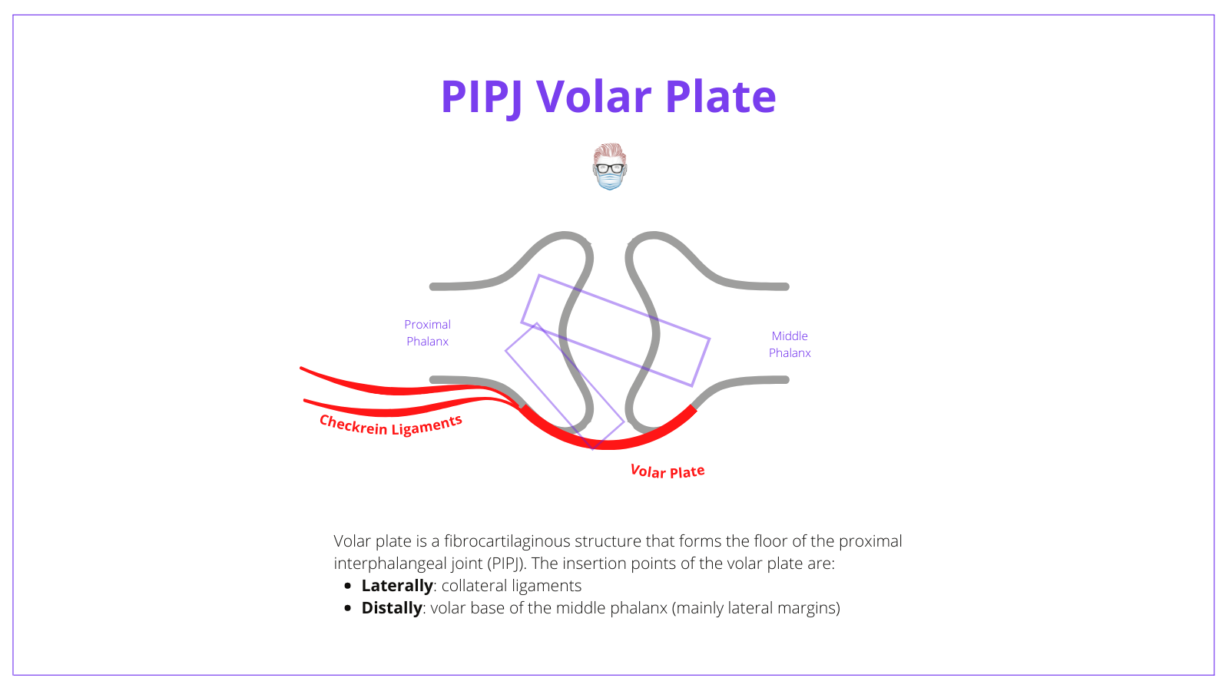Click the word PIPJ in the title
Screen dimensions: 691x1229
point(482,97)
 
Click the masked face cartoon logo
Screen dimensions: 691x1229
point(610,167)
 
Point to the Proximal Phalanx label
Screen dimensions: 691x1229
point(428,333)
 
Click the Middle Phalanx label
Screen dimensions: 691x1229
point(790,345)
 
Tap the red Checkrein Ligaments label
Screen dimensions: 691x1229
point(391,425)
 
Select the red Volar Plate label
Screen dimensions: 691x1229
point(667,471)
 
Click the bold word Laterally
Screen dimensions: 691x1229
point(397,586)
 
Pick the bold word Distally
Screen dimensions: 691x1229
point(392,608)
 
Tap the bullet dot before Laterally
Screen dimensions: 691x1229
point(348,586)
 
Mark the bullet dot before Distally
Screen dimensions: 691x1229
point(348,608)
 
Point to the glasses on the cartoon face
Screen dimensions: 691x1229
point(610,168)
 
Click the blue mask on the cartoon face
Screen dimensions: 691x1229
point(610,181)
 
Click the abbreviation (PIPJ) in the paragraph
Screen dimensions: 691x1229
point(505,564)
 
